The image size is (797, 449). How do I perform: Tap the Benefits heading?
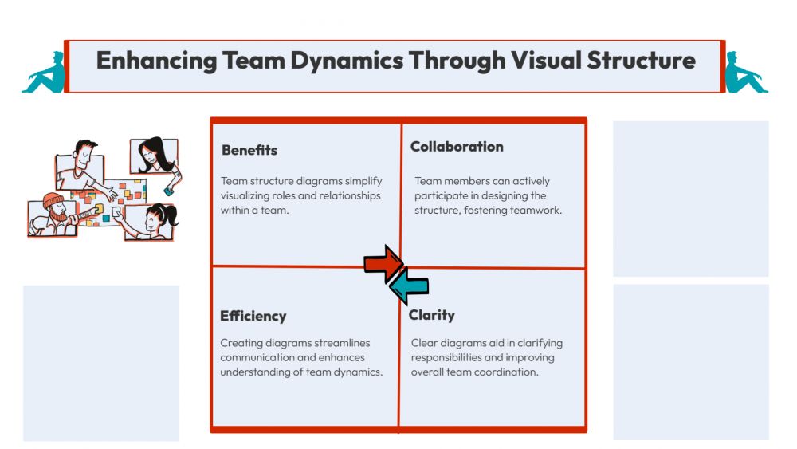249,150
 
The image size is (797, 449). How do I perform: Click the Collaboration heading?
457,147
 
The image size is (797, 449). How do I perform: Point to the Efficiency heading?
253,317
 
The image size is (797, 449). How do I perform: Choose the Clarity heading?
432,315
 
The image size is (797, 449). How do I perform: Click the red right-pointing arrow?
383,263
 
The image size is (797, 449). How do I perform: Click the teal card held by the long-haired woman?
168,191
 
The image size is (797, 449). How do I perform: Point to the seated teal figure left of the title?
44,73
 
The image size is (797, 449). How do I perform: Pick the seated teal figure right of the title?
745,73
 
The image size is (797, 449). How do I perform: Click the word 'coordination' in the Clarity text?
505,372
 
